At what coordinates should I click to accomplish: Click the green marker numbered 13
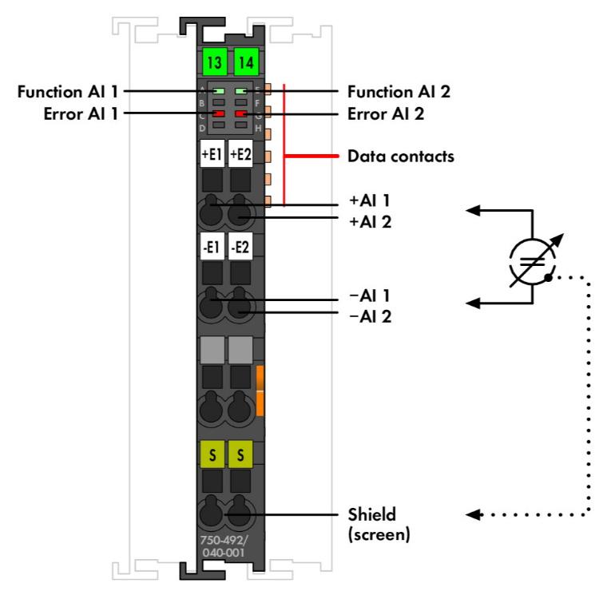(x=213, y=61)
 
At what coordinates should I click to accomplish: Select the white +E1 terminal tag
(x=212, y=154)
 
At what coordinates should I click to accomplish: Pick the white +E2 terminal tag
(x=240, y=154)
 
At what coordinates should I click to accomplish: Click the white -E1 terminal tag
(x=212, y=248)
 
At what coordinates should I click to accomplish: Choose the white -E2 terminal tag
(x=240, y=248)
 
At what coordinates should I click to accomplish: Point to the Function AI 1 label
(x=68, y=92)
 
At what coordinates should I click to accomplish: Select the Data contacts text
(x=400, y=157)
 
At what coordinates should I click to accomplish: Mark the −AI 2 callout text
(x=370, y=316)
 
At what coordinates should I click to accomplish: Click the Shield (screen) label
(x=379, y=524)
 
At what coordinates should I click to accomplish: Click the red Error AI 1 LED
(x=217, y=113)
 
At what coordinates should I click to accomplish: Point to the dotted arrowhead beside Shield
(x=472, y=514)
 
